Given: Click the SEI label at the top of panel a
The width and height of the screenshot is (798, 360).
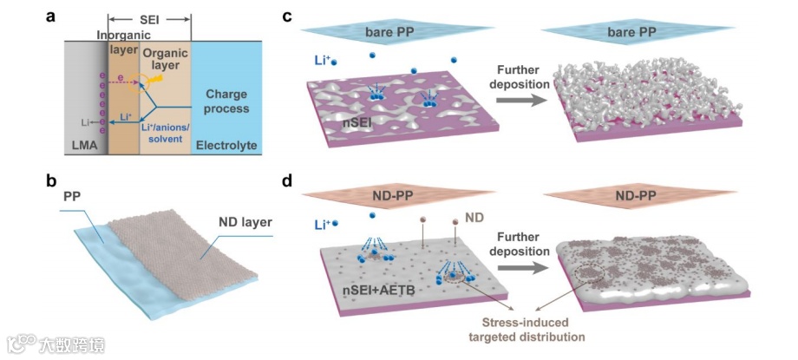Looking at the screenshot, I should point(148,18).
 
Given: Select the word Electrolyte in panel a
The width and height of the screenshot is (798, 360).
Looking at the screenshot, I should point(227,146).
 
